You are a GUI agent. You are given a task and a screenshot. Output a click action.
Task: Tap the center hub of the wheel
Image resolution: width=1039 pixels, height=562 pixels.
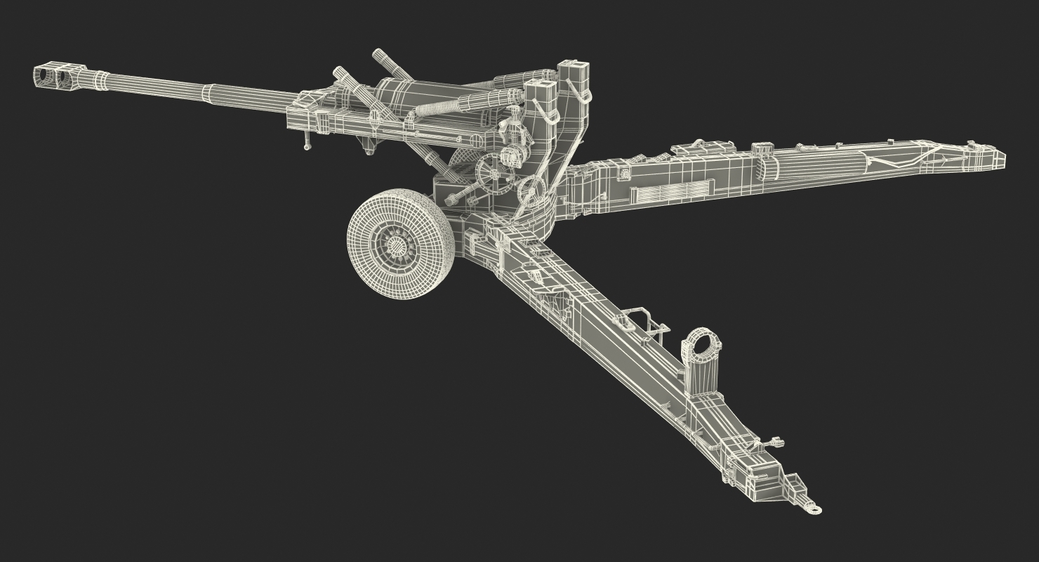pos(397,246)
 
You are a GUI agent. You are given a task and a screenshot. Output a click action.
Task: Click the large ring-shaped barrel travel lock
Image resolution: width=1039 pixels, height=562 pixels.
pos(700,344)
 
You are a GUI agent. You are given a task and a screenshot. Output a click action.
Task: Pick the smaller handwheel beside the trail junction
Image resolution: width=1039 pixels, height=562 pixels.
pos(531,189)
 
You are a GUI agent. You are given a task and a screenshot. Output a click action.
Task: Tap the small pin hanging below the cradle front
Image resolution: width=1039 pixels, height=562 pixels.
pos(307,145)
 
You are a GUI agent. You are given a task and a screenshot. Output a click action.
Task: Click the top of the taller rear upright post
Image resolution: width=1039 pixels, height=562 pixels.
pos(574,70)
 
